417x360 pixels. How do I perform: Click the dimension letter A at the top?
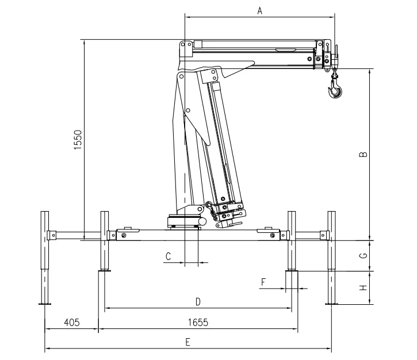(260, 10)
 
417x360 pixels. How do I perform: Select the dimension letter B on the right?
(364, 154)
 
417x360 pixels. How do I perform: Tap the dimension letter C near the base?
(168, 256)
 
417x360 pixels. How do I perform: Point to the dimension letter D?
(198, 302)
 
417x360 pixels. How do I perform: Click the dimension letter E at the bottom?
(188, 342)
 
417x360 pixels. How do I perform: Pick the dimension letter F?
(263, 282)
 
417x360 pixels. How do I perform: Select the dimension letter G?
(364, 255)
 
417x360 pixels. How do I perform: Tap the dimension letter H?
(364, 288)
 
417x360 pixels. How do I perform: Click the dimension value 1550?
(78, 140)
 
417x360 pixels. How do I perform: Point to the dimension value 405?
(72, 323)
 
